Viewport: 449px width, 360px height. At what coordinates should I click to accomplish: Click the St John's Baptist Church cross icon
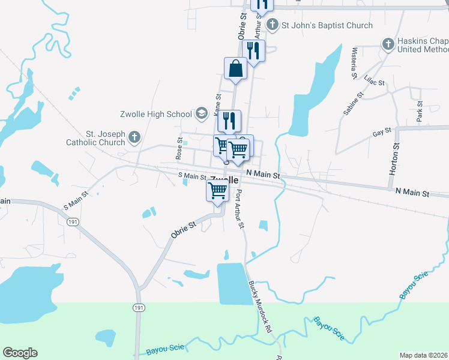273,25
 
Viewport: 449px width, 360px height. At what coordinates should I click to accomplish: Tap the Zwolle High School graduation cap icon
202,113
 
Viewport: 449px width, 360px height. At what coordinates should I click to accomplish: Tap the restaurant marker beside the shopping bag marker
253,52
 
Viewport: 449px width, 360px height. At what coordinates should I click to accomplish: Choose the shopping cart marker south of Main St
217,191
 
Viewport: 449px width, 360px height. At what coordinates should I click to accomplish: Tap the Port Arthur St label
240,209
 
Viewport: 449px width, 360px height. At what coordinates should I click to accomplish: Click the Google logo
20,353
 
